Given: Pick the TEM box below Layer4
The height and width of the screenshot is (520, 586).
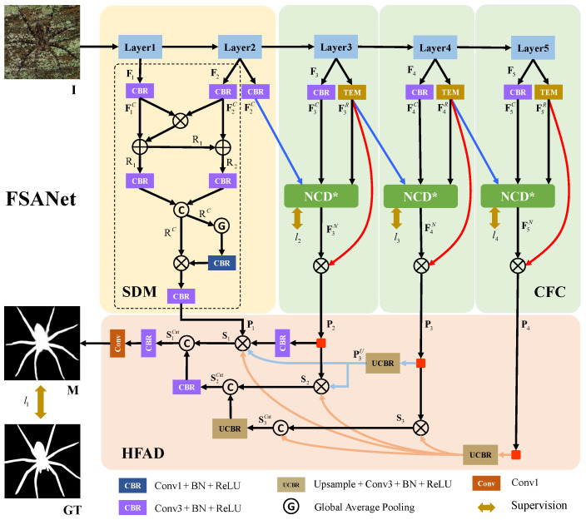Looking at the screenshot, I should pos(449,91).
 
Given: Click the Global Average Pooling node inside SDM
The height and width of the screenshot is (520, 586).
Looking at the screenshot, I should pos(222,226).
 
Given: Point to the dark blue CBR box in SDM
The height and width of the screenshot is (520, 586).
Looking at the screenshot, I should pos(222,263).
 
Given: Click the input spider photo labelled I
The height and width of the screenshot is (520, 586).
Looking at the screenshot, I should pos(40,39).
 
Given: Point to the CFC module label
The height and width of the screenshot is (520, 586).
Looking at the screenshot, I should pos(550,293).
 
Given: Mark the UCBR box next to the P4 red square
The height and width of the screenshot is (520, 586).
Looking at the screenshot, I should pos(480,454).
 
